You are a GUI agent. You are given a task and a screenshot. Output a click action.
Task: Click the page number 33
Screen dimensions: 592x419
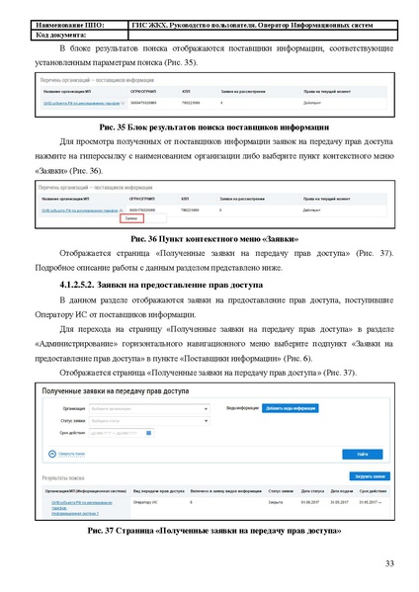tap(388, 563)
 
